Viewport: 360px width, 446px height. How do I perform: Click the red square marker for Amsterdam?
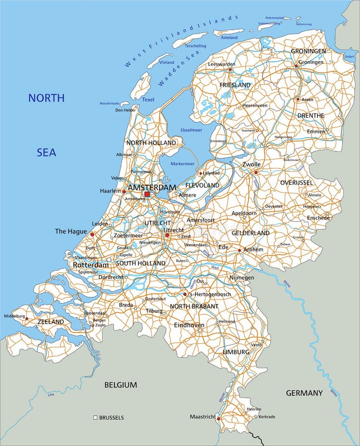click(x=147, y=194)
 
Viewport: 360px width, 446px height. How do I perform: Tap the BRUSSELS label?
click(x=112, y=418)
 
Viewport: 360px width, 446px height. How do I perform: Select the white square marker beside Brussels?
click(x=95, y=418)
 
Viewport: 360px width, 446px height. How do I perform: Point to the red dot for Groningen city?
click(x=296, y=65)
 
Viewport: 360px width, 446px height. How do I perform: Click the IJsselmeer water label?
click(x=178, y=130)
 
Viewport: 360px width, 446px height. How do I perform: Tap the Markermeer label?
click(x=183, y=163)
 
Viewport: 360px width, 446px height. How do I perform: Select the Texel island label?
click(x=148, y=100)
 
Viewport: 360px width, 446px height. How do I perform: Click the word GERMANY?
click(x=304, y=393)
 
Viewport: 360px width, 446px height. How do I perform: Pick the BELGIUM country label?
click(x=120, y=385)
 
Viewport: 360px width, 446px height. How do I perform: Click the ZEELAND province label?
click(x=51, y=322)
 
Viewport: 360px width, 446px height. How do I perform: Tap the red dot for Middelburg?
click(x=27, y=319)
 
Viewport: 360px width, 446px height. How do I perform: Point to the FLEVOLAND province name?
click(x=202, y=185)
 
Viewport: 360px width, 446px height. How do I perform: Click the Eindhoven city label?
click(x=189, y=325)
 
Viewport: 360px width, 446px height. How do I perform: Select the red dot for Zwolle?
click(x=256, y=172)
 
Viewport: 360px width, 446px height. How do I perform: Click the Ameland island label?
click(x=229, y=37)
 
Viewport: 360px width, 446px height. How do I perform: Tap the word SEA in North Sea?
click(x=46, y=152)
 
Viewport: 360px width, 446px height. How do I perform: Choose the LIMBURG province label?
click(x=236, y=351)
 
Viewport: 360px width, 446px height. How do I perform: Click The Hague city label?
click(x=71, y=231)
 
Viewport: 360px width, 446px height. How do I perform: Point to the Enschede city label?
click(x=318, y=218)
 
